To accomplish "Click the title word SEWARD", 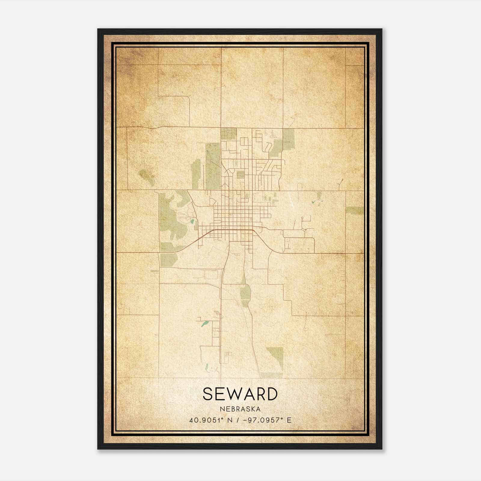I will (240, 394).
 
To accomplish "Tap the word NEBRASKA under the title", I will (240, 409).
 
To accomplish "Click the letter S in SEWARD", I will (208, 394).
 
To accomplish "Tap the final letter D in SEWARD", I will (271, 394).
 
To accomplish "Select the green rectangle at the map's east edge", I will (355, 210).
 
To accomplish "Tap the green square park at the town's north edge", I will (229, 134).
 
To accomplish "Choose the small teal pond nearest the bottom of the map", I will (207, 367).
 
